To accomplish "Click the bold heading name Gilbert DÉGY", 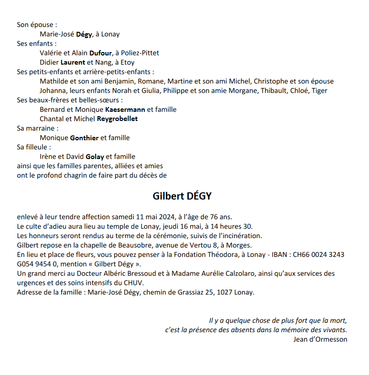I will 182,196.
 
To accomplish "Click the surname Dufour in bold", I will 100,53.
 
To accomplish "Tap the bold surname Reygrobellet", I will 117,119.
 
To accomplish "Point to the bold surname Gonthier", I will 84,138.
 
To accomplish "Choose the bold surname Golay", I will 95,157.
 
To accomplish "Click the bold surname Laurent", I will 72,62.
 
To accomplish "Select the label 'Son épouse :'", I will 37,25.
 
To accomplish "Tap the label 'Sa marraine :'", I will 38,128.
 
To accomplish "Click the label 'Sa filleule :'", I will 34,147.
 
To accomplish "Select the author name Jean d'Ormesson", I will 320,339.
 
